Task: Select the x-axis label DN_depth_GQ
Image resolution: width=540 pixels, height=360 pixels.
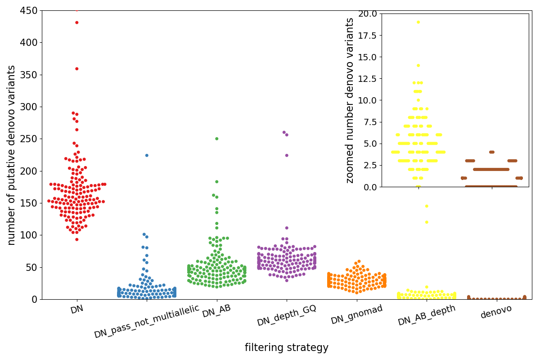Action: tap(287, 315)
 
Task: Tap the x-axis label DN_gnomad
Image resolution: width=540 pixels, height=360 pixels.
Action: tap(357, 315)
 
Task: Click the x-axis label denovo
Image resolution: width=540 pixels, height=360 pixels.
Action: tap(496, 311)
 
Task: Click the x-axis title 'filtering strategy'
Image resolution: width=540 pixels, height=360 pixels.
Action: tap(287, 348)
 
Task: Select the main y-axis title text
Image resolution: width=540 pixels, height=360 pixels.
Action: tap(12, 155)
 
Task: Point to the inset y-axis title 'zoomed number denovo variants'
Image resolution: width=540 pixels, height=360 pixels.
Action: tap(350, 100)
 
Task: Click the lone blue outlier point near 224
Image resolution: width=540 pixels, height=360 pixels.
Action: tap(146, 155)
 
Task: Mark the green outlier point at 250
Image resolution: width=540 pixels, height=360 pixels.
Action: tap(216, 139)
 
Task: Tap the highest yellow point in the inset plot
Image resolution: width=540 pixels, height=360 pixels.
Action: tap(418, 22)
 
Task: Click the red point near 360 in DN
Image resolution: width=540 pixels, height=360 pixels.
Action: tap(76, 69)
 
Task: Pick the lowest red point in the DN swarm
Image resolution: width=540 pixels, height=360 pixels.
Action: tap(76, 239)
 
